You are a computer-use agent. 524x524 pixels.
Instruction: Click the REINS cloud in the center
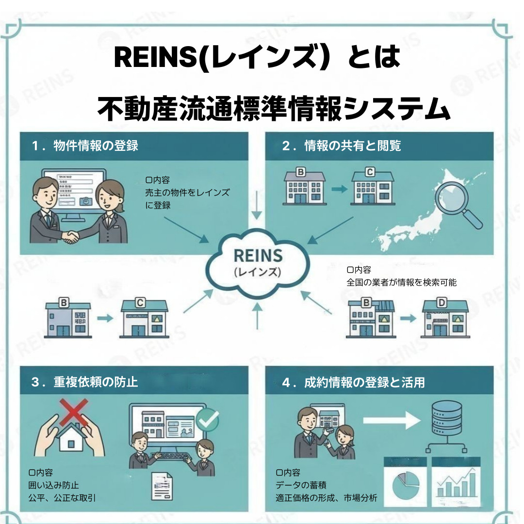pos(257,262)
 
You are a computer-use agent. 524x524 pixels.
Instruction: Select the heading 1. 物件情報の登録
pos(85,146)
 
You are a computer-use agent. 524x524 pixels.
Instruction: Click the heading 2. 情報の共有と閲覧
pos(342,146)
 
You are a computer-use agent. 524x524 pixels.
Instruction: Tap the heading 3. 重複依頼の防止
pos(85,382)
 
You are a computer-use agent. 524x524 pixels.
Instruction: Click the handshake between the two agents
pos(72,237)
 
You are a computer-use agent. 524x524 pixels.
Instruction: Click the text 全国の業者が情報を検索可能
pos(401,282)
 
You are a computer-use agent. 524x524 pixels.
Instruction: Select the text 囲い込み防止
pos(54,485)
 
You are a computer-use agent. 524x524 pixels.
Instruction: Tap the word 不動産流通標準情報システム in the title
pos(274,110)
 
